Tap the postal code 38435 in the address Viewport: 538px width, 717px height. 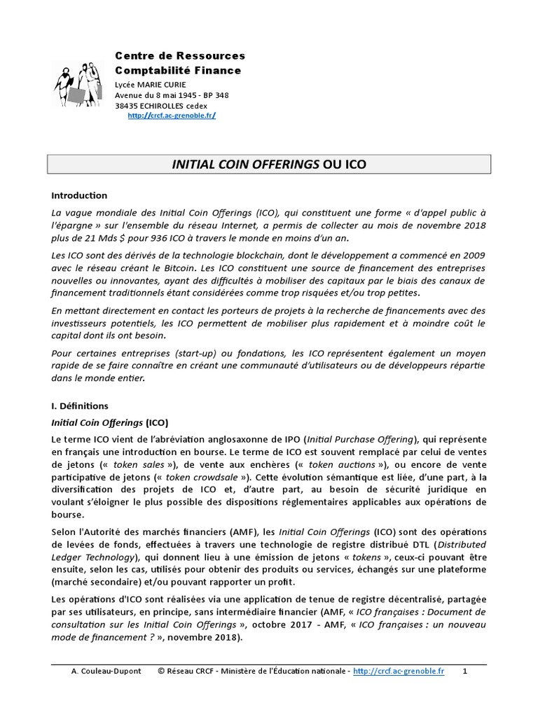pyautogui.click(x=128, y=106)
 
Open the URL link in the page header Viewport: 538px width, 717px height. pyautogui.click(x=171, y=116)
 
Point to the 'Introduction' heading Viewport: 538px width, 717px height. pyautogui.click(x=80, y=195)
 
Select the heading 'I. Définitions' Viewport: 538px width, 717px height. pyautogui.click(x=81, y=405)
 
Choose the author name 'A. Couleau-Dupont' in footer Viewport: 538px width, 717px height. pyautogui.click(x=106, y=671)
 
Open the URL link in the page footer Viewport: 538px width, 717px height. pyautogui.click(x=399, y=671)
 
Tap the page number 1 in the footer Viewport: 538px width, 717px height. pyautogui.click(x=465, y=671)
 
